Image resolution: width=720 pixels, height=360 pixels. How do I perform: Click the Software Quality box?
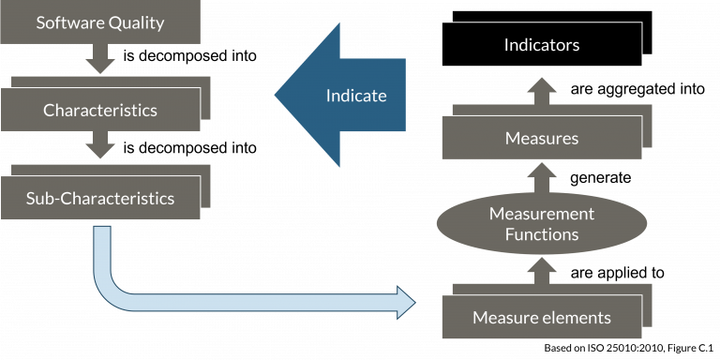[100, 22]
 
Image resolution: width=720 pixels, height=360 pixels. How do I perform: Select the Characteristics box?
[100, 110]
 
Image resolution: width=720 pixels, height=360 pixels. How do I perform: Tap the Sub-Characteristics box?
[100, 198]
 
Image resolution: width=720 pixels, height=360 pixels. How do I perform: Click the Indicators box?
[541, 44]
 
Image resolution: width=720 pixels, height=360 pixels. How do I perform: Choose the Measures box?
[541, 138]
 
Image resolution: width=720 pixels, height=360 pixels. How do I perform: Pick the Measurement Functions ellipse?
[541, 223]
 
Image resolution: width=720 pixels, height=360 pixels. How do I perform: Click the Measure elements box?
[541, 317]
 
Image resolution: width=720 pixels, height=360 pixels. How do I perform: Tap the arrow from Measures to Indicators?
[541, 92]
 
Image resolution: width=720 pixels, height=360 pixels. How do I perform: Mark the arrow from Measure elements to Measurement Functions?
[541, 269]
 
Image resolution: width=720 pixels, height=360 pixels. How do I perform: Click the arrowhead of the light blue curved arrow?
[405, 303]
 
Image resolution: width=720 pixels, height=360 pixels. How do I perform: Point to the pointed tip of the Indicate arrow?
[278, 95]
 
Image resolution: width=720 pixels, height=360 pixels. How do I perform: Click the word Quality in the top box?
[134, 22]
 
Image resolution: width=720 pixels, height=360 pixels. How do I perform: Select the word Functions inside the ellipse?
[541, 234]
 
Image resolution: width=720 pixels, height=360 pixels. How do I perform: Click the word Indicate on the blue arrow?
[355, 96]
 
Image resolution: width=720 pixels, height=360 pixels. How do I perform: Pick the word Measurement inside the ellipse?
[541, 214]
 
